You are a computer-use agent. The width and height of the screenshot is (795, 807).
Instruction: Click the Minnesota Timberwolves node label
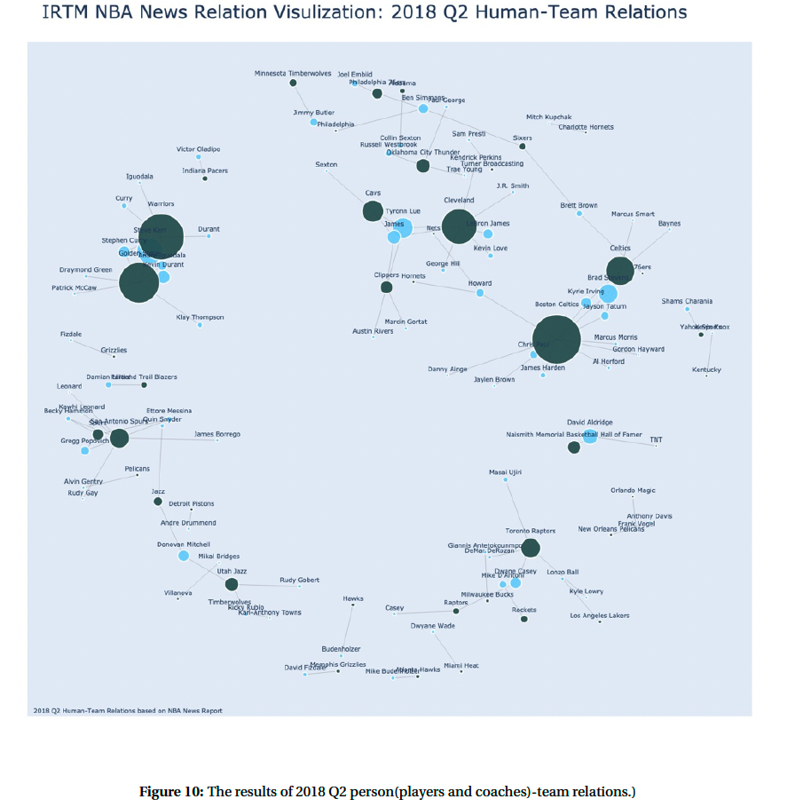point(293,73)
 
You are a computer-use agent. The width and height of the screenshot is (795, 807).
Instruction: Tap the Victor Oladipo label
point(198,149)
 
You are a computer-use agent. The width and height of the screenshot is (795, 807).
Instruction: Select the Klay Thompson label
point(200,317)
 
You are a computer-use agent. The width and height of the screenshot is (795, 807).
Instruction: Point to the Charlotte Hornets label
point(586,127)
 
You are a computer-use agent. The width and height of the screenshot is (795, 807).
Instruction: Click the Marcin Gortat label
point(405,320)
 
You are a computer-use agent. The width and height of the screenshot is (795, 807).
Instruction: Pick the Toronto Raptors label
point(531,531)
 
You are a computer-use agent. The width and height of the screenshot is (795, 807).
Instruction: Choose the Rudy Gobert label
point(299,580)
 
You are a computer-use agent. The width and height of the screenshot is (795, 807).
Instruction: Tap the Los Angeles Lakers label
point(599,615)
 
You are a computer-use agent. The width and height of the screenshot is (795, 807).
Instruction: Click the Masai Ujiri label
point(505,472)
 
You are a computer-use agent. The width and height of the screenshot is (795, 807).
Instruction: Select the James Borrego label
point(216,434)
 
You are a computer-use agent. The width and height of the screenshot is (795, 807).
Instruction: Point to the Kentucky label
point(706,369)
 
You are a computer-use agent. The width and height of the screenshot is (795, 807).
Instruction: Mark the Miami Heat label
point(460,665)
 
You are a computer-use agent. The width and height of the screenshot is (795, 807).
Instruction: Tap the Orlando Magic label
point(633,490)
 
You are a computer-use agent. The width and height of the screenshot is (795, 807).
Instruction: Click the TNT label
point(656,439)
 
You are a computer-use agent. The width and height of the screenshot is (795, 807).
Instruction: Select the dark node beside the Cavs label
point(373,211)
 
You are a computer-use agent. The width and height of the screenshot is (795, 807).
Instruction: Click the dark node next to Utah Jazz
point(232,584)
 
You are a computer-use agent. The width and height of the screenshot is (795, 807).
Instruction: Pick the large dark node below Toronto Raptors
point(531,548)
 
